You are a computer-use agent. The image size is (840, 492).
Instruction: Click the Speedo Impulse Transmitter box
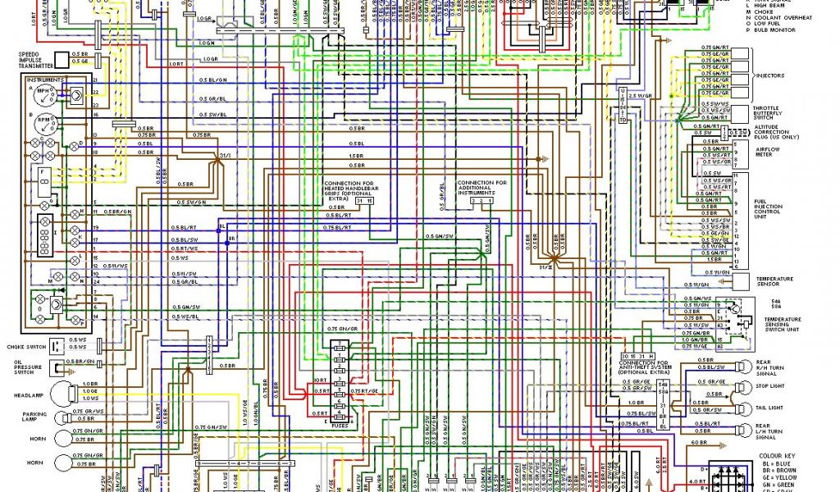click(x=61, y=60)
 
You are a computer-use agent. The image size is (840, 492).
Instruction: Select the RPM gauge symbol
click(x=46, y=126)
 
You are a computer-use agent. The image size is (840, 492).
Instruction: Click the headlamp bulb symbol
click(x=62, y=393)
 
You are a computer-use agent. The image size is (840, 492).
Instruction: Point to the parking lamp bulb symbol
click(x=62, y=416)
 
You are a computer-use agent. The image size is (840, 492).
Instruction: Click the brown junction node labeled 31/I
click(x=219, y=162)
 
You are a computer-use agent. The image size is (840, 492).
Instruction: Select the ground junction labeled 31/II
click(x=555, y=260)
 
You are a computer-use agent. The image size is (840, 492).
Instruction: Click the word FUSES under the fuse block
click(x=339, y=424)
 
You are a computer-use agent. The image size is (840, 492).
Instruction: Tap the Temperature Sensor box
click(x=743, y=279)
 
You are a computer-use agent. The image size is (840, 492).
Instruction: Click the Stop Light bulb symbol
click(x=743, y=386)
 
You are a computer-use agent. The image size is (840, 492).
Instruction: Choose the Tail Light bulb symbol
click(x=743, y=408)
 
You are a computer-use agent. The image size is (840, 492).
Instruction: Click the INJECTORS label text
click(x=769, y=75)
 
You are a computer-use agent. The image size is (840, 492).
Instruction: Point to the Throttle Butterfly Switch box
click(x=742, y=112)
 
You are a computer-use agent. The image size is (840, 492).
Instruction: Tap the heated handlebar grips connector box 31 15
click(x=364, y=200)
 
